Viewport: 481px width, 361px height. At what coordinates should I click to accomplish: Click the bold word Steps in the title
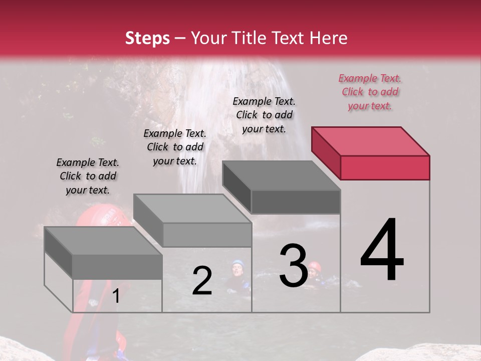click(x=147, y=38)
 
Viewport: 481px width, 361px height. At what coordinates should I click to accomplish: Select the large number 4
click(x=382, y=251)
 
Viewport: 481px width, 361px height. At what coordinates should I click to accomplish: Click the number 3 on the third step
click(x=294, y=265)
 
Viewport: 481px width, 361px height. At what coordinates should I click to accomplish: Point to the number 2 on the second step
click(x=202, y=281)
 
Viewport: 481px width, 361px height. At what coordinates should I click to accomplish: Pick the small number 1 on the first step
click(x=116, y=296)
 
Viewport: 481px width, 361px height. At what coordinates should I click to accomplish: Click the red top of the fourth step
click(x=369, y=141)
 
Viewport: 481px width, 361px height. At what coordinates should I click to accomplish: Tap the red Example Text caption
click(x=370, y=92)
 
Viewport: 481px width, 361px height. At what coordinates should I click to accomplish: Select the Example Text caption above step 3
click(x=264, y=115)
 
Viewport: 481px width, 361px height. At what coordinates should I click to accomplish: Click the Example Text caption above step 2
click(x=175, y=147)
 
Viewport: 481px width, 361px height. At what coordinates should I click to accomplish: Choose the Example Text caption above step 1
click(x=88, y=176)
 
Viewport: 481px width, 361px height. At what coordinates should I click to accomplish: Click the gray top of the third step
click(x=281, y=175)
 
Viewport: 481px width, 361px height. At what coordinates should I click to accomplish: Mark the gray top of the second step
click(x=192, y=208)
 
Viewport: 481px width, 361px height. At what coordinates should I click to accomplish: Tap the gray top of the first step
click(x=103, y=241)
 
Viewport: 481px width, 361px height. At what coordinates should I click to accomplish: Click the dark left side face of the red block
click(x=326, y=152)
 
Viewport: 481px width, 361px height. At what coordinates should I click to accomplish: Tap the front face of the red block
click(x=385, y=167)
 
